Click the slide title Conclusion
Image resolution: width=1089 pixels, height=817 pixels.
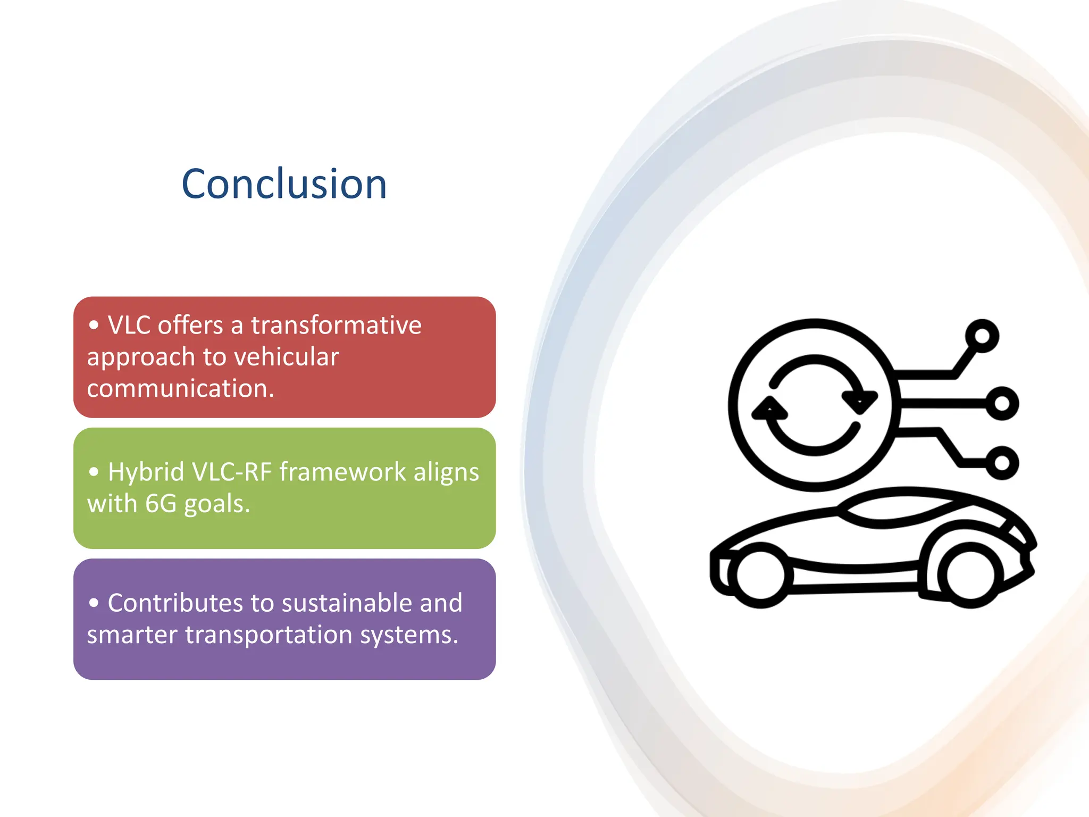284,184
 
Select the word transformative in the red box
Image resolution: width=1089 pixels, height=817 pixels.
336,325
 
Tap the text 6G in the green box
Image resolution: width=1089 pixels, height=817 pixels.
161,503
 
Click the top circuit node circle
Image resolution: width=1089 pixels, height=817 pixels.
982,336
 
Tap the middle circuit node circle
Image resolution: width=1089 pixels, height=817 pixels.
1002,403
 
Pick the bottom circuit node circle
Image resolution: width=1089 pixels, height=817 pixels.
1002,463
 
